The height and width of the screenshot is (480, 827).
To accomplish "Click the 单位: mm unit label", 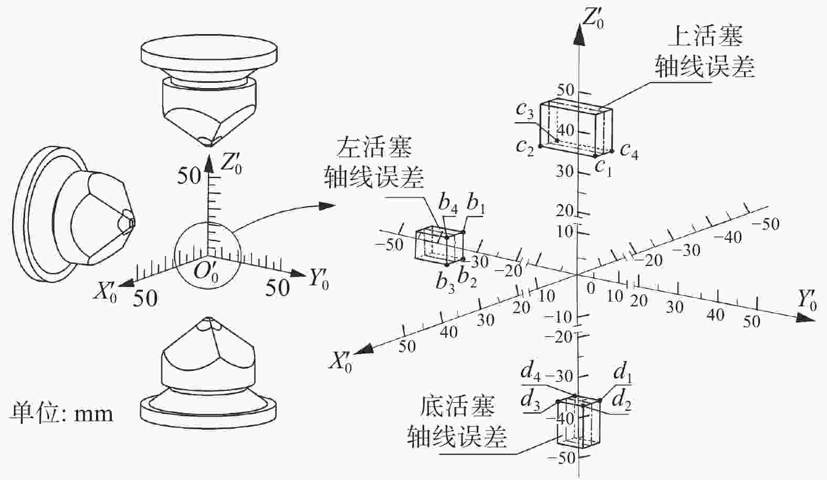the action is [61, 413].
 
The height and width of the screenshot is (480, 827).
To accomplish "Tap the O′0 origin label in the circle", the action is [206, 273].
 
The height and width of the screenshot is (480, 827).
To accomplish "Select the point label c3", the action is [525, 110].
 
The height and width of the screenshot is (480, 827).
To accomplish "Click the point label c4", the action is [629, 151].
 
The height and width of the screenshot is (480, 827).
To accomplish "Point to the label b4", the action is [448, 204].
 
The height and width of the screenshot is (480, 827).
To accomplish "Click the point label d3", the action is [530, 401].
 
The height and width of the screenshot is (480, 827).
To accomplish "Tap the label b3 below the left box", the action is [445, 283].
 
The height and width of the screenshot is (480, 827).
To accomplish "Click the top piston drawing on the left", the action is [209, 90].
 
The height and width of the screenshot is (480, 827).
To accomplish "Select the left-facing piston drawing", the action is [74, 214].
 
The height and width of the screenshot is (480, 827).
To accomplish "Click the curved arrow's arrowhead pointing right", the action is [327, 206].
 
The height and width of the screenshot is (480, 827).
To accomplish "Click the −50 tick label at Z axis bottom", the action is [562, 458].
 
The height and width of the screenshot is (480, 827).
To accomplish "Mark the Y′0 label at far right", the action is [807, 300].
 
